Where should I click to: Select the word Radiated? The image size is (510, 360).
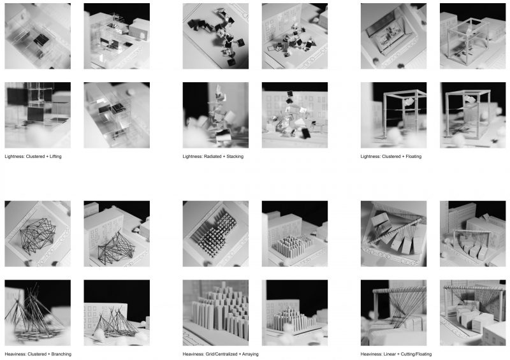tap(217, 156)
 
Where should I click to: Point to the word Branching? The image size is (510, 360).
tap(61, 354)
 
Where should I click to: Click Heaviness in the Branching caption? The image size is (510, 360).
tap(15, 354)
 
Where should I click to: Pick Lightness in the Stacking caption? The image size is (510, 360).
tap(193, 156)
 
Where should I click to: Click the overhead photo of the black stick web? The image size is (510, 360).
tap(38, 234)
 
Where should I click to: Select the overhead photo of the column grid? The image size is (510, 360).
tap(215, 234)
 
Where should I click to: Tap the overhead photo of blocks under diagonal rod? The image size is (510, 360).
tap(393, 234)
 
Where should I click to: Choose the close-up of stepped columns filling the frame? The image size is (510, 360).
tap(215, 313)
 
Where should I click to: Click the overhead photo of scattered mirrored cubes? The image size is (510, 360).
tap(215, 36)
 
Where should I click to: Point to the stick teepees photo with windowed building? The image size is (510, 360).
tap(117, 313)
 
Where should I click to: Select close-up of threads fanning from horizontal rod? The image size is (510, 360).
tap(393, 313)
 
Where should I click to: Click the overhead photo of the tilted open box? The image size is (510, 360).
tap(393, 36)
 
